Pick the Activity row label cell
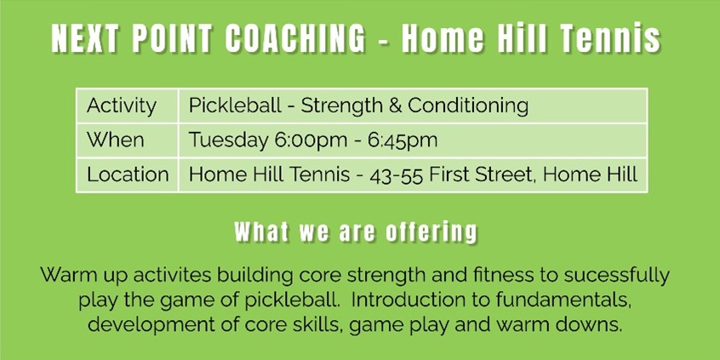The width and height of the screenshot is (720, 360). pos(127,106)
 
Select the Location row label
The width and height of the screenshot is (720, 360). pos(127,175)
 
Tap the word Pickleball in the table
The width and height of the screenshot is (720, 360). pos(235,106)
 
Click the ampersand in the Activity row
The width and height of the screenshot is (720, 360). pos(396,106)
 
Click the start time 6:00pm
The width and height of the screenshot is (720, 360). pos(311,141)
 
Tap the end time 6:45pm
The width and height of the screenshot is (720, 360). pos(403,141)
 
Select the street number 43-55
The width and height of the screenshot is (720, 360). pos(397,175)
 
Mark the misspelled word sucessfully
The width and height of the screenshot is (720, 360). pos(617,276)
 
